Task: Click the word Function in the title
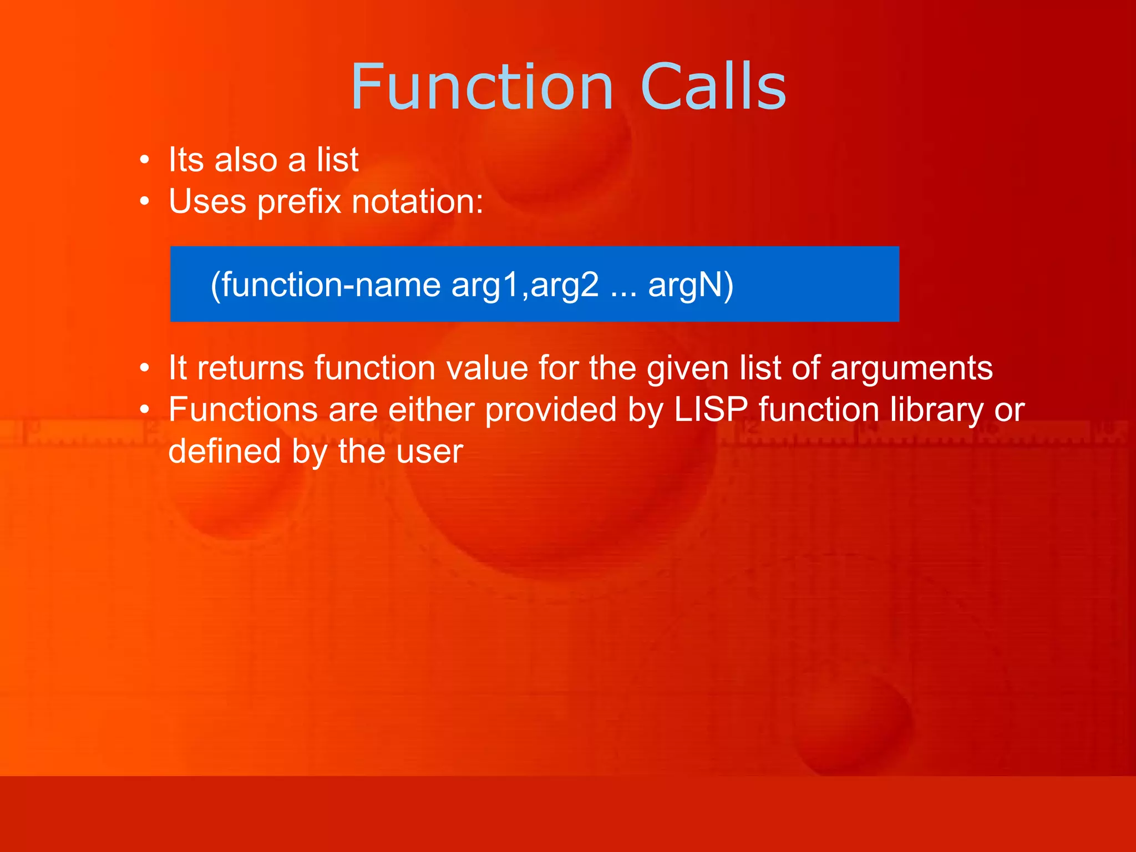coord(481,88)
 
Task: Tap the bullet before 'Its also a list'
coord(145,160)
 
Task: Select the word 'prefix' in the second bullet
coord(299,202)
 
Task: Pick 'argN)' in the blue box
coord(691,285)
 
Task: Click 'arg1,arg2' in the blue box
coord(525,285)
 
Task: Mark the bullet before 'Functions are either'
coord(145,410)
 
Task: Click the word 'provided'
coord(551,410)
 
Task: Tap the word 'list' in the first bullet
coord(337,160)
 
